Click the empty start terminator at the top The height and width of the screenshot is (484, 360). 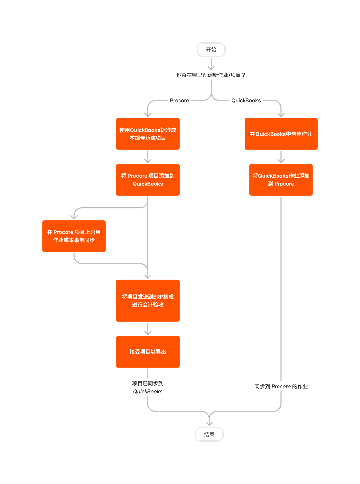click(211, 50)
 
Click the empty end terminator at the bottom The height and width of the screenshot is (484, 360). click(209, 434)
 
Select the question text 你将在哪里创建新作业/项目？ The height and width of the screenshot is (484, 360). click(211, 75)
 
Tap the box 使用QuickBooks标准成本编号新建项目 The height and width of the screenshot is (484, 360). click(148, 134)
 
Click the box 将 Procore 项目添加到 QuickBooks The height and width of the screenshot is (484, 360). click(148, 180)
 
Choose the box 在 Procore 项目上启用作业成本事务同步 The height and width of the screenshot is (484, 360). click(74, 236)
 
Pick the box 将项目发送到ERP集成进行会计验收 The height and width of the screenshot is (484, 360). click(148, 301)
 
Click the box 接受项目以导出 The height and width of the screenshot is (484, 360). click(148, 352)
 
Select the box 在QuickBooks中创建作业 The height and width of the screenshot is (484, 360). click(281, 134)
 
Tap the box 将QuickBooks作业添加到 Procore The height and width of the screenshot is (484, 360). click(281, 180)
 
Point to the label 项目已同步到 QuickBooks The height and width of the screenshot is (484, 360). click(148, 387)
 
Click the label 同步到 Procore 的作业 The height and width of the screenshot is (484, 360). click(281, 386)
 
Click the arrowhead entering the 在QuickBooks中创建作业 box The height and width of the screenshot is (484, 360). click(281, 115)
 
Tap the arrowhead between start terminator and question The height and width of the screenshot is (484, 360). click(211, 68)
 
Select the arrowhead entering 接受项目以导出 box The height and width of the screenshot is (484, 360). click(148, 333)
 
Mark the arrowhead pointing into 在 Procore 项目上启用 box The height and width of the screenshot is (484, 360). click(74, 217)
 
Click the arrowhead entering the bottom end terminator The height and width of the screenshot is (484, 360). click(209, 423)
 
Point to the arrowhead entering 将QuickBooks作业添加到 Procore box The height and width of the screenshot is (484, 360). click(281, 161)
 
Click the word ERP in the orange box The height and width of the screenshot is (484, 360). click(158, 297)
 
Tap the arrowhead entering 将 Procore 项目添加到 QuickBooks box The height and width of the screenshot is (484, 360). click(148, 161)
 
